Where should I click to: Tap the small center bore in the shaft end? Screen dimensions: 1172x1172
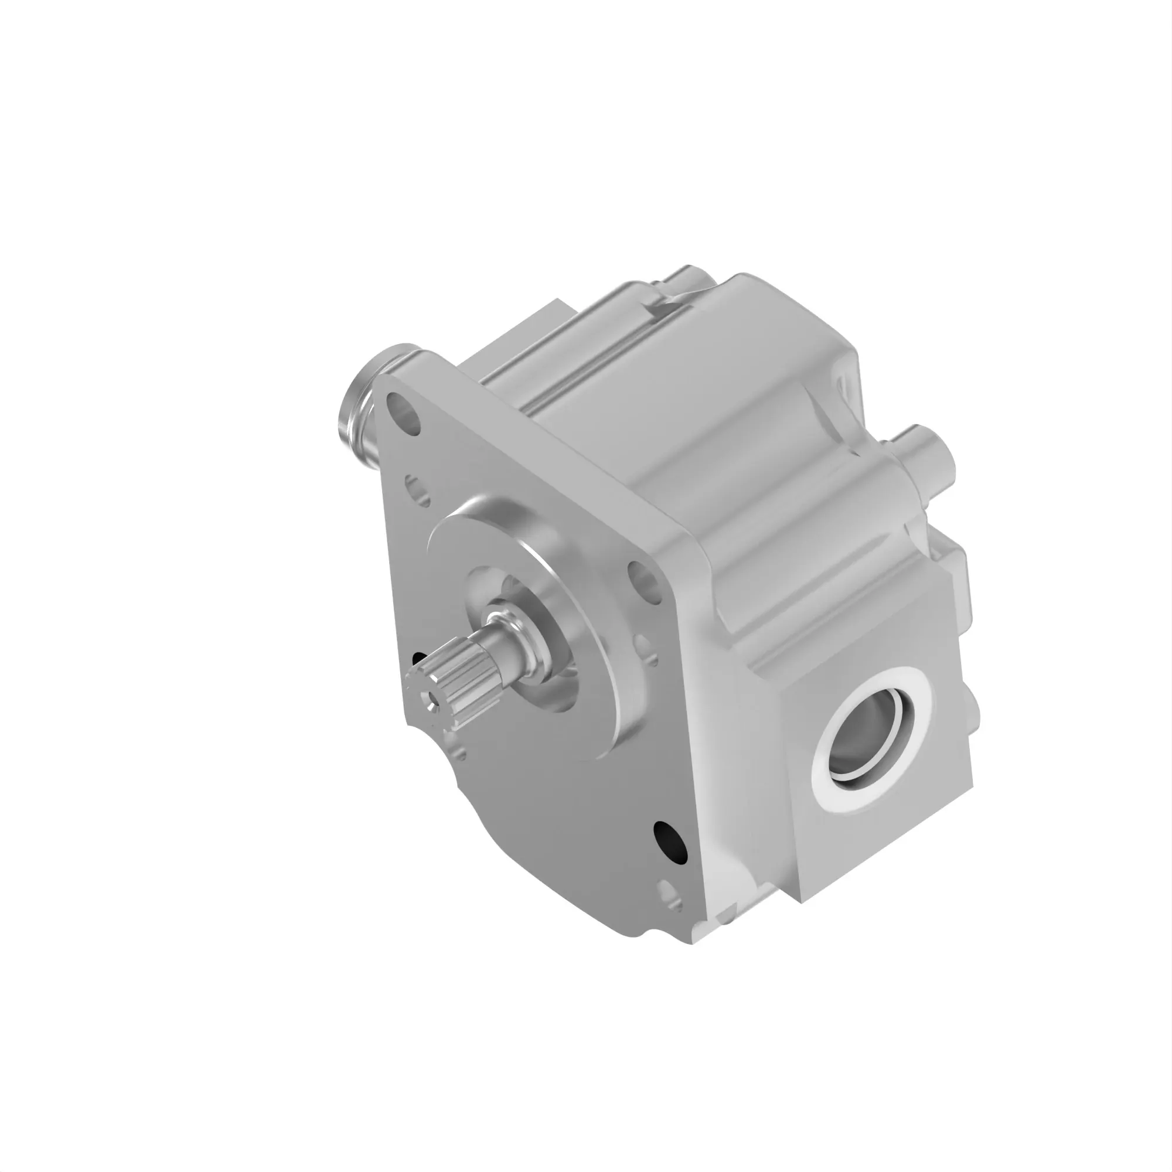pyautogui.click(x=431, y=700)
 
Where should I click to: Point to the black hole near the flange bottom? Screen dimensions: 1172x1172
pyautogui.click(x=671, y=841)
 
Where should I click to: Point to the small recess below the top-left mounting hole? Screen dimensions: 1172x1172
pyautogui.click(x=417, y=490)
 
